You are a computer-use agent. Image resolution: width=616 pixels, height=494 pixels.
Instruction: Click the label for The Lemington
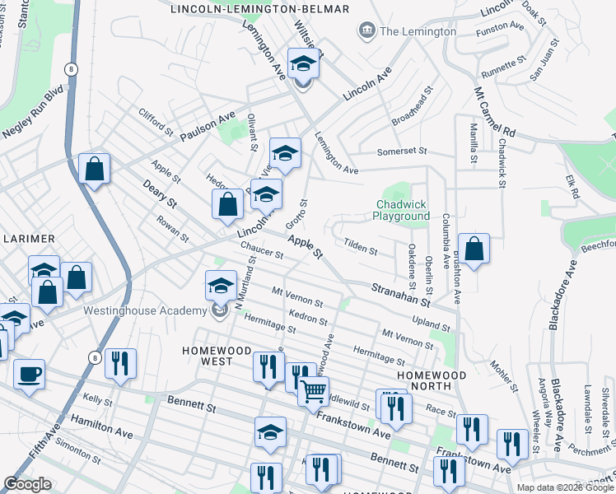tap(418, 31)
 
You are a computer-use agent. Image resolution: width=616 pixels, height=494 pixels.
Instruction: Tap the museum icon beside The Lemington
tap(366, 31)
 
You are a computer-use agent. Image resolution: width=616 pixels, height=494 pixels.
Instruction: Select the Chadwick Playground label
tap(403, 210)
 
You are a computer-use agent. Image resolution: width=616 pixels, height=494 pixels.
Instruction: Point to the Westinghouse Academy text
tap(144, 310)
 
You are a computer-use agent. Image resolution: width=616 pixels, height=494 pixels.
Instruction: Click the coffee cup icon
tap(29, 374)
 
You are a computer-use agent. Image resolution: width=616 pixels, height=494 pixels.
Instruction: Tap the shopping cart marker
tap(313, 391)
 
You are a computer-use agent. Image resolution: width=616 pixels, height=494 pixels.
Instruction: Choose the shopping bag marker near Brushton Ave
tap(474, 249)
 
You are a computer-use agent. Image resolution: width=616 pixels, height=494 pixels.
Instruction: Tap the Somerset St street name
tap(401, 151)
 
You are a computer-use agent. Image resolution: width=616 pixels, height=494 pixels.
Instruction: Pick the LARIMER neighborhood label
tap(27, 239)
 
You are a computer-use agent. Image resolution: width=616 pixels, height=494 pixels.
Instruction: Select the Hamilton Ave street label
tap(101, 426)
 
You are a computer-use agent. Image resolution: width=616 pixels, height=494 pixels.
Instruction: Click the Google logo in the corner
tap(27, 484)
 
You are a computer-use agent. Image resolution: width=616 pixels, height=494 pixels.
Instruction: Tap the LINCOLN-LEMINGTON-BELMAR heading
tap(259, 9)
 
